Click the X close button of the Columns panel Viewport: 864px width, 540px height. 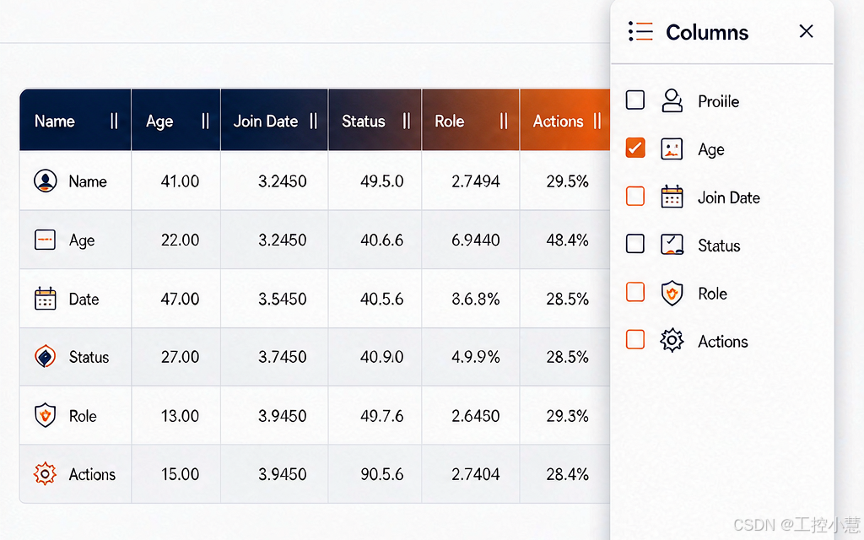[x=806, y=31]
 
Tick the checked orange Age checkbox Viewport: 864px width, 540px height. [x=635, y=148]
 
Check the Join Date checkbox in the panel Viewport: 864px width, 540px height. [x=635, y=196]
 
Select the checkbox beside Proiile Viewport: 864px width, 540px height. [x=635, y=100]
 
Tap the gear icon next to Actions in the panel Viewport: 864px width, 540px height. [x=672, y=341]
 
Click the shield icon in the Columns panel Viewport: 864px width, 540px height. [x=672, y=293]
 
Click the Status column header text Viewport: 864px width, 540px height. [x=363, y=121]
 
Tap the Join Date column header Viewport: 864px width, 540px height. [x=266, y=121]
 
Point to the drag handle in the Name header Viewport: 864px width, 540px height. [x=114, y=121]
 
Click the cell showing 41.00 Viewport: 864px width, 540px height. [x=180, y=181]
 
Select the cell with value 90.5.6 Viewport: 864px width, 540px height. [x=382, y=474]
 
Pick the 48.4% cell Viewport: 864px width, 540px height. [x=567, y=240]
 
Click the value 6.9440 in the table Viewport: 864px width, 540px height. [x=476, y=240]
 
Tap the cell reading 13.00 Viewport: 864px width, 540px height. [x=180, y=416]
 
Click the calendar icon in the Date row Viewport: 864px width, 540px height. [x=46, y=299]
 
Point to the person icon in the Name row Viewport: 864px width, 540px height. [x=46, y=181]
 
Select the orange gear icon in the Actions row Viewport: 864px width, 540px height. [x=46, y=474]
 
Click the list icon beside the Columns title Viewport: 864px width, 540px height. [x=640, y=31]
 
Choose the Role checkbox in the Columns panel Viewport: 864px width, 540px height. [x=635, y=292]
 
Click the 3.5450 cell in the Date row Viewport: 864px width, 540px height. [x=282, y=300]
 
